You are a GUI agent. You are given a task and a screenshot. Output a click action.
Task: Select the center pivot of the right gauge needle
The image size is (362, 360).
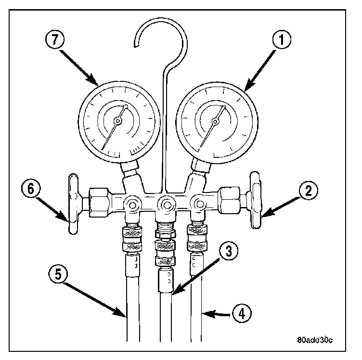pyautogui.click(x=214, y=122)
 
